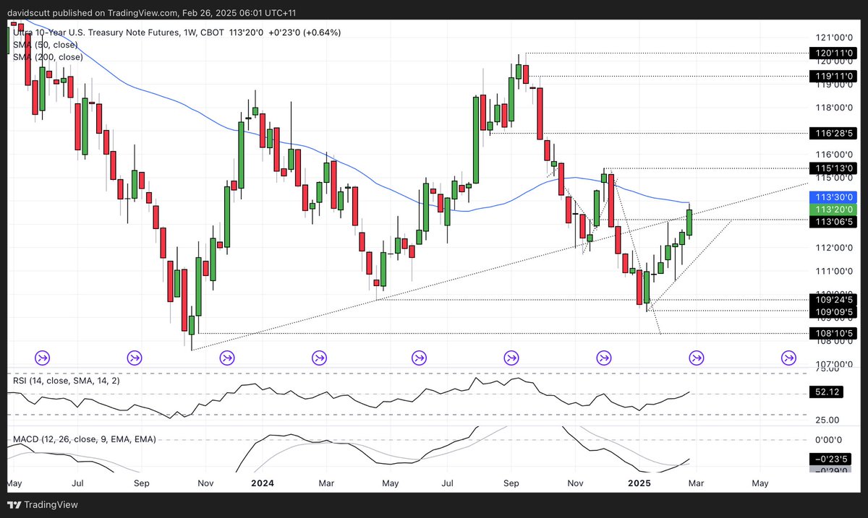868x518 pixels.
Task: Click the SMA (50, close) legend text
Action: pos(46,45)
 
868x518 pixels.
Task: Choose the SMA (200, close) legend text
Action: pos(48,57)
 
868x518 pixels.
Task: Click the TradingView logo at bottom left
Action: pos(43,505)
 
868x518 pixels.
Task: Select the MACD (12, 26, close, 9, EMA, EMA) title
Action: pos(85,439)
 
